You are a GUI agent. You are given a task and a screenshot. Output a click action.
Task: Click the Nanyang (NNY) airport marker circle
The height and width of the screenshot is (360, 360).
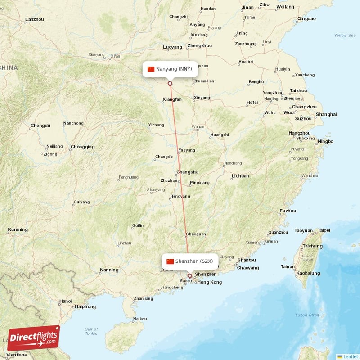(170, 83)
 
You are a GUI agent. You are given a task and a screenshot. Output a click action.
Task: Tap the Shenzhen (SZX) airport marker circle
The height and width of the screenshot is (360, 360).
(189, 276)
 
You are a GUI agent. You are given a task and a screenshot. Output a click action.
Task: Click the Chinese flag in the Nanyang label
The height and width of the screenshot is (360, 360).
(151, 69)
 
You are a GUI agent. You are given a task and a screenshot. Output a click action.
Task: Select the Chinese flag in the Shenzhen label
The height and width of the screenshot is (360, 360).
(170, 261)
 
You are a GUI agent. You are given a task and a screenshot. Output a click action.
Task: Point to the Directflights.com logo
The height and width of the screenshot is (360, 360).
(34, 338)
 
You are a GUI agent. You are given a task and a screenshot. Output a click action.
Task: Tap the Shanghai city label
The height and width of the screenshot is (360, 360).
(326, 114)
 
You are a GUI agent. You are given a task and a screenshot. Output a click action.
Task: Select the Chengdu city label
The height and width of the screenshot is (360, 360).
(40, 126)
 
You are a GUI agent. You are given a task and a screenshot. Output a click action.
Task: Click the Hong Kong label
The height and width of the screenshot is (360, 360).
(210, 282)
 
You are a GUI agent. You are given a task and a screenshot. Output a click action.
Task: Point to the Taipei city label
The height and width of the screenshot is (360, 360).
(324, 230)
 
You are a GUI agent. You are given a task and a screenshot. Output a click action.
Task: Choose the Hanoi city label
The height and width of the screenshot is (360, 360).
(66, 301)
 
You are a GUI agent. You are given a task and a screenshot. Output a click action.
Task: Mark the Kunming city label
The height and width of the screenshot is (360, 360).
(18, 229)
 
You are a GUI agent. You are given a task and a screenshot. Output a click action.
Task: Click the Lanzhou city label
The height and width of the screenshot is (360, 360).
(35, 19)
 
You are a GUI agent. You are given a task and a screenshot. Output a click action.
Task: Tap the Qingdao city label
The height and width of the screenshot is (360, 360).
(306, 19)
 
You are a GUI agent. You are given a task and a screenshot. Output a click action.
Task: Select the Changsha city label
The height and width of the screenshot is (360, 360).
(187, 172)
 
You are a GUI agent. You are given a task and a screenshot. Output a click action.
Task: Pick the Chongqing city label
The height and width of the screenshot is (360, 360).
(82, 147)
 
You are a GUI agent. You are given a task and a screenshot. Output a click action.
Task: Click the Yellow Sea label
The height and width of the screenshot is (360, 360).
(345, 35)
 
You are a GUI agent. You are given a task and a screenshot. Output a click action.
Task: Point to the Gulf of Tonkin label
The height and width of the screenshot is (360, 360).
(91, 331)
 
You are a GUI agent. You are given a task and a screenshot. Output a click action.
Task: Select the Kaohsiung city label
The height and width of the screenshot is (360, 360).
(307, 273)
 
